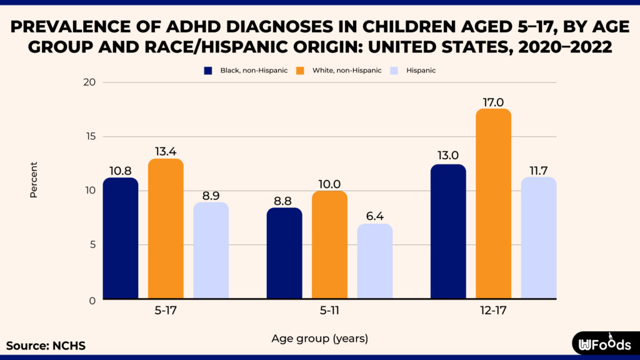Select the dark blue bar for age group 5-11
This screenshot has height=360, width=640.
[x=284, y=254]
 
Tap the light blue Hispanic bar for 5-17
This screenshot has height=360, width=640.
[x=211, y=251]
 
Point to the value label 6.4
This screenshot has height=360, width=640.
[x=375, y=216]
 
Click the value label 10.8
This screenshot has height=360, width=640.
[x=121, y=171]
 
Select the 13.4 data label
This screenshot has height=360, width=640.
[x=166, y=151]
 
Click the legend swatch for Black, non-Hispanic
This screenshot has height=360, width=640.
[x=209, y=71]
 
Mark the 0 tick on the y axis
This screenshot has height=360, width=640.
[x=91, y=300]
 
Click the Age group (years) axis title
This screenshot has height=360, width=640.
[x=319, y=339]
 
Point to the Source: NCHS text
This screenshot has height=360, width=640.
[x=46, y=346]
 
